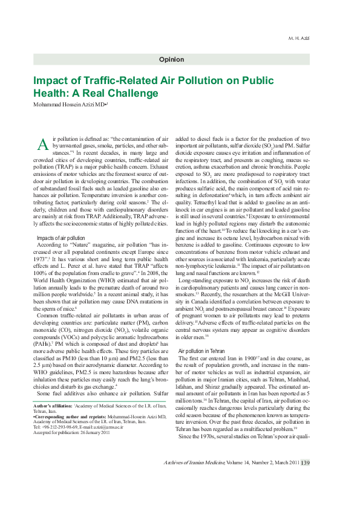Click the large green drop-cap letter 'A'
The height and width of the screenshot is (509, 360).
[42, 144]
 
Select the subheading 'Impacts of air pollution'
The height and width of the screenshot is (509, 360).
[61, 238]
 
